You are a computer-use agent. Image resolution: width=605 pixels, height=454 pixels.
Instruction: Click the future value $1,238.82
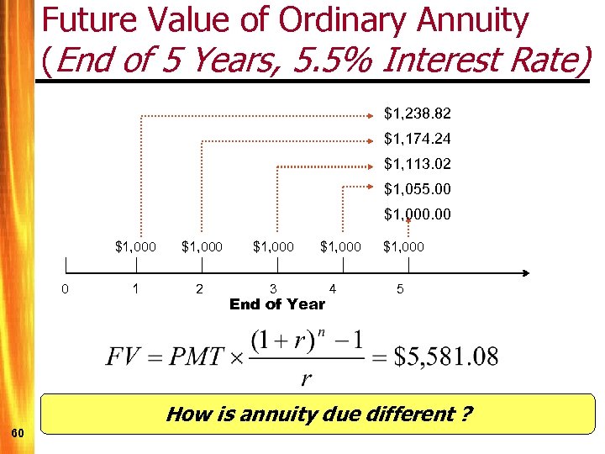point(417,113)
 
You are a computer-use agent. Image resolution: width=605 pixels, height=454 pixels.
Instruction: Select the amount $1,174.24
point(417,138)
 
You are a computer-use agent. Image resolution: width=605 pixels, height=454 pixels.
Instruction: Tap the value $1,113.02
point(417,163)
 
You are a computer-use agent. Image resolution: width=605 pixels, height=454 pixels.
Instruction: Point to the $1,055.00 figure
point(417,188)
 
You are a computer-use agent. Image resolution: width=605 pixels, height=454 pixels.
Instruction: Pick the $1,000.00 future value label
point(417,214)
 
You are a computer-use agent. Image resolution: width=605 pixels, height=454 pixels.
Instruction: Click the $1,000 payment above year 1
point(135,247)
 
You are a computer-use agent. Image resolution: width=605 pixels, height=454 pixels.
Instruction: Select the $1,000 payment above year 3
point(273,247)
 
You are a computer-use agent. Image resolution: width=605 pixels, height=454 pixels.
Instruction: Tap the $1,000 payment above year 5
point(404,247)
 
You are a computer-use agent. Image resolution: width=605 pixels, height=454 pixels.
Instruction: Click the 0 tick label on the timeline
point(66,289)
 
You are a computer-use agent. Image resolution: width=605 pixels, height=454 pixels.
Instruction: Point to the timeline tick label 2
point(199,289)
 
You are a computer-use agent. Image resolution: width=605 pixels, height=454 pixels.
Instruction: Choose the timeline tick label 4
point(334,289)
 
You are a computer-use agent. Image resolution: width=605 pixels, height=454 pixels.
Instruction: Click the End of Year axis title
point(277,304)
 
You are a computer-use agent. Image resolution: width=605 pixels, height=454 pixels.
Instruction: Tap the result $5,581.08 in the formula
point(446,356)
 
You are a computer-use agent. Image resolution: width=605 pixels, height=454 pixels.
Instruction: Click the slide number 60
point(18,432)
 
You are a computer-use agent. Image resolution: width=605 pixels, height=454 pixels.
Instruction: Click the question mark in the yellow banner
point(466,414)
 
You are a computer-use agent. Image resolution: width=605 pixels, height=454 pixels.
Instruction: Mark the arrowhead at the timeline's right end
point(525,272)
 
